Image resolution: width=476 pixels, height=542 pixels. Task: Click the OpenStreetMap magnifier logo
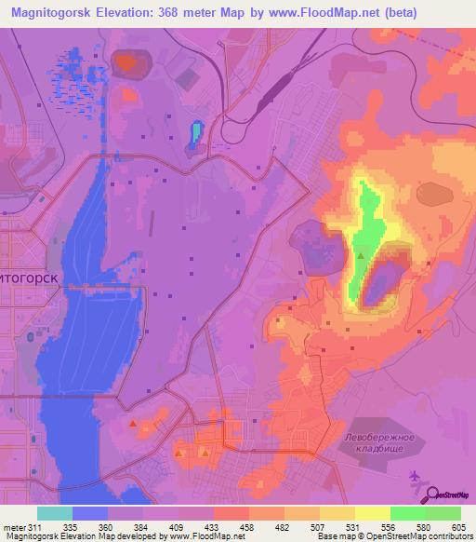tap(432, 495)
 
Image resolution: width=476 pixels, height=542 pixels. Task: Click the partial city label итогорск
tap(28, 278)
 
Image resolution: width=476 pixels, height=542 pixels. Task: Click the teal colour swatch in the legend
tap(54, 513)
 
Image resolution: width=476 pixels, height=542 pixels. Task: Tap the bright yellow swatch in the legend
tap(373, 513)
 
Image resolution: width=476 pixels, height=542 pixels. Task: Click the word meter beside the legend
tap(13, 526)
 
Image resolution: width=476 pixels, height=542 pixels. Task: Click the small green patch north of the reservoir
tap(195, 132)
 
